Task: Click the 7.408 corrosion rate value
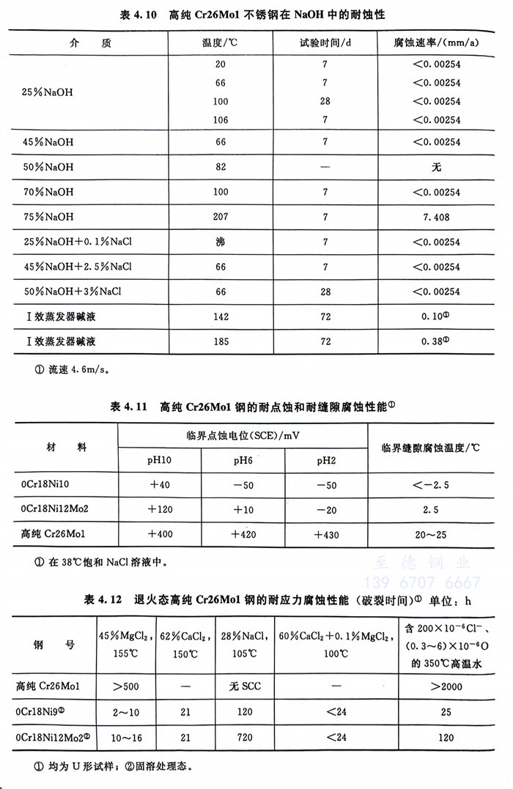(436, 218)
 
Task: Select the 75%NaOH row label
(48, 218)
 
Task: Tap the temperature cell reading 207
(221, 218)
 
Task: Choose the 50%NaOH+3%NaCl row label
(70, 292)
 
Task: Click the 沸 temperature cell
(221, 242)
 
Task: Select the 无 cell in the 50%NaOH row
(436, 168)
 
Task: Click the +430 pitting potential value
(327, 535)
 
